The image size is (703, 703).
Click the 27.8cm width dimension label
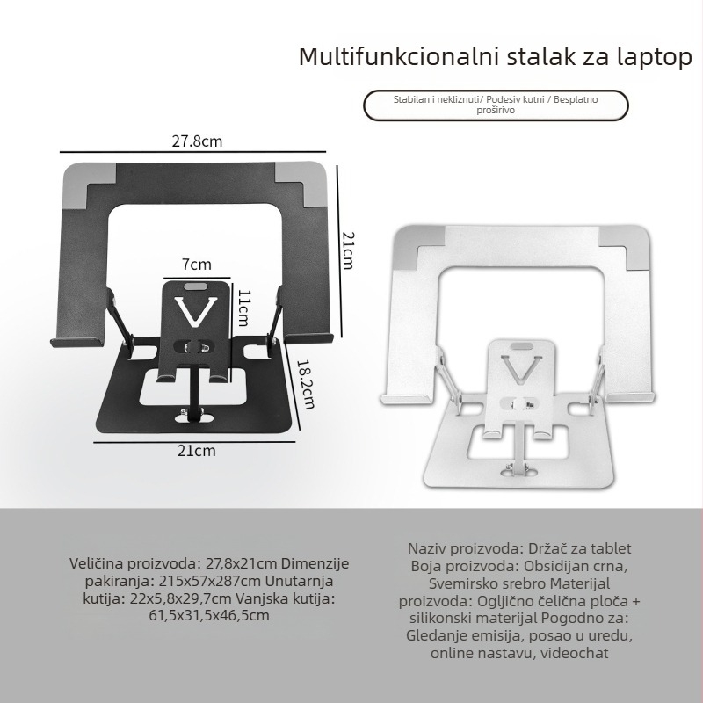point(197,140)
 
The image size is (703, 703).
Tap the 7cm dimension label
point(197,264)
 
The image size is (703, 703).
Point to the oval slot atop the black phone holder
point(198,286)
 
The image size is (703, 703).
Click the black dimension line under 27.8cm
point(197,151)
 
